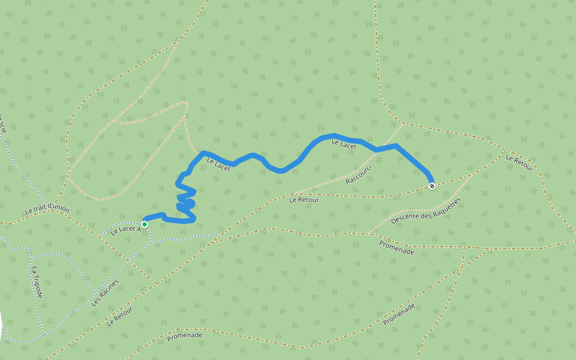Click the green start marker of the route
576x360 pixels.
click(145, 224)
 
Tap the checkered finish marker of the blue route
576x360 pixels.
click(432, 186)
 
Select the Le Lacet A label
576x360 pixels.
click(125, 229)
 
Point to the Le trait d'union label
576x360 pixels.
click(47, 209)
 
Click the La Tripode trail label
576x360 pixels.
click(37, 282)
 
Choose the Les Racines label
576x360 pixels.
click(105, 292)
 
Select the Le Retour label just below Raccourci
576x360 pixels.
click(304, 200)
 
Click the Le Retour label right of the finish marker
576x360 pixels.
click(519, 163)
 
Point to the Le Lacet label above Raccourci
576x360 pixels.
click(344, 143)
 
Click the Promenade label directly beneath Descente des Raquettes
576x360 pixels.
click(397, 247)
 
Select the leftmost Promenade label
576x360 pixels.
click(184, 335)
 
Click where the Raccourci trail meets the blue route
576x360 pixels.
click(376, 149)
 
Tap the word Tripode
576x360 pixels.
click(38, 286)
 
